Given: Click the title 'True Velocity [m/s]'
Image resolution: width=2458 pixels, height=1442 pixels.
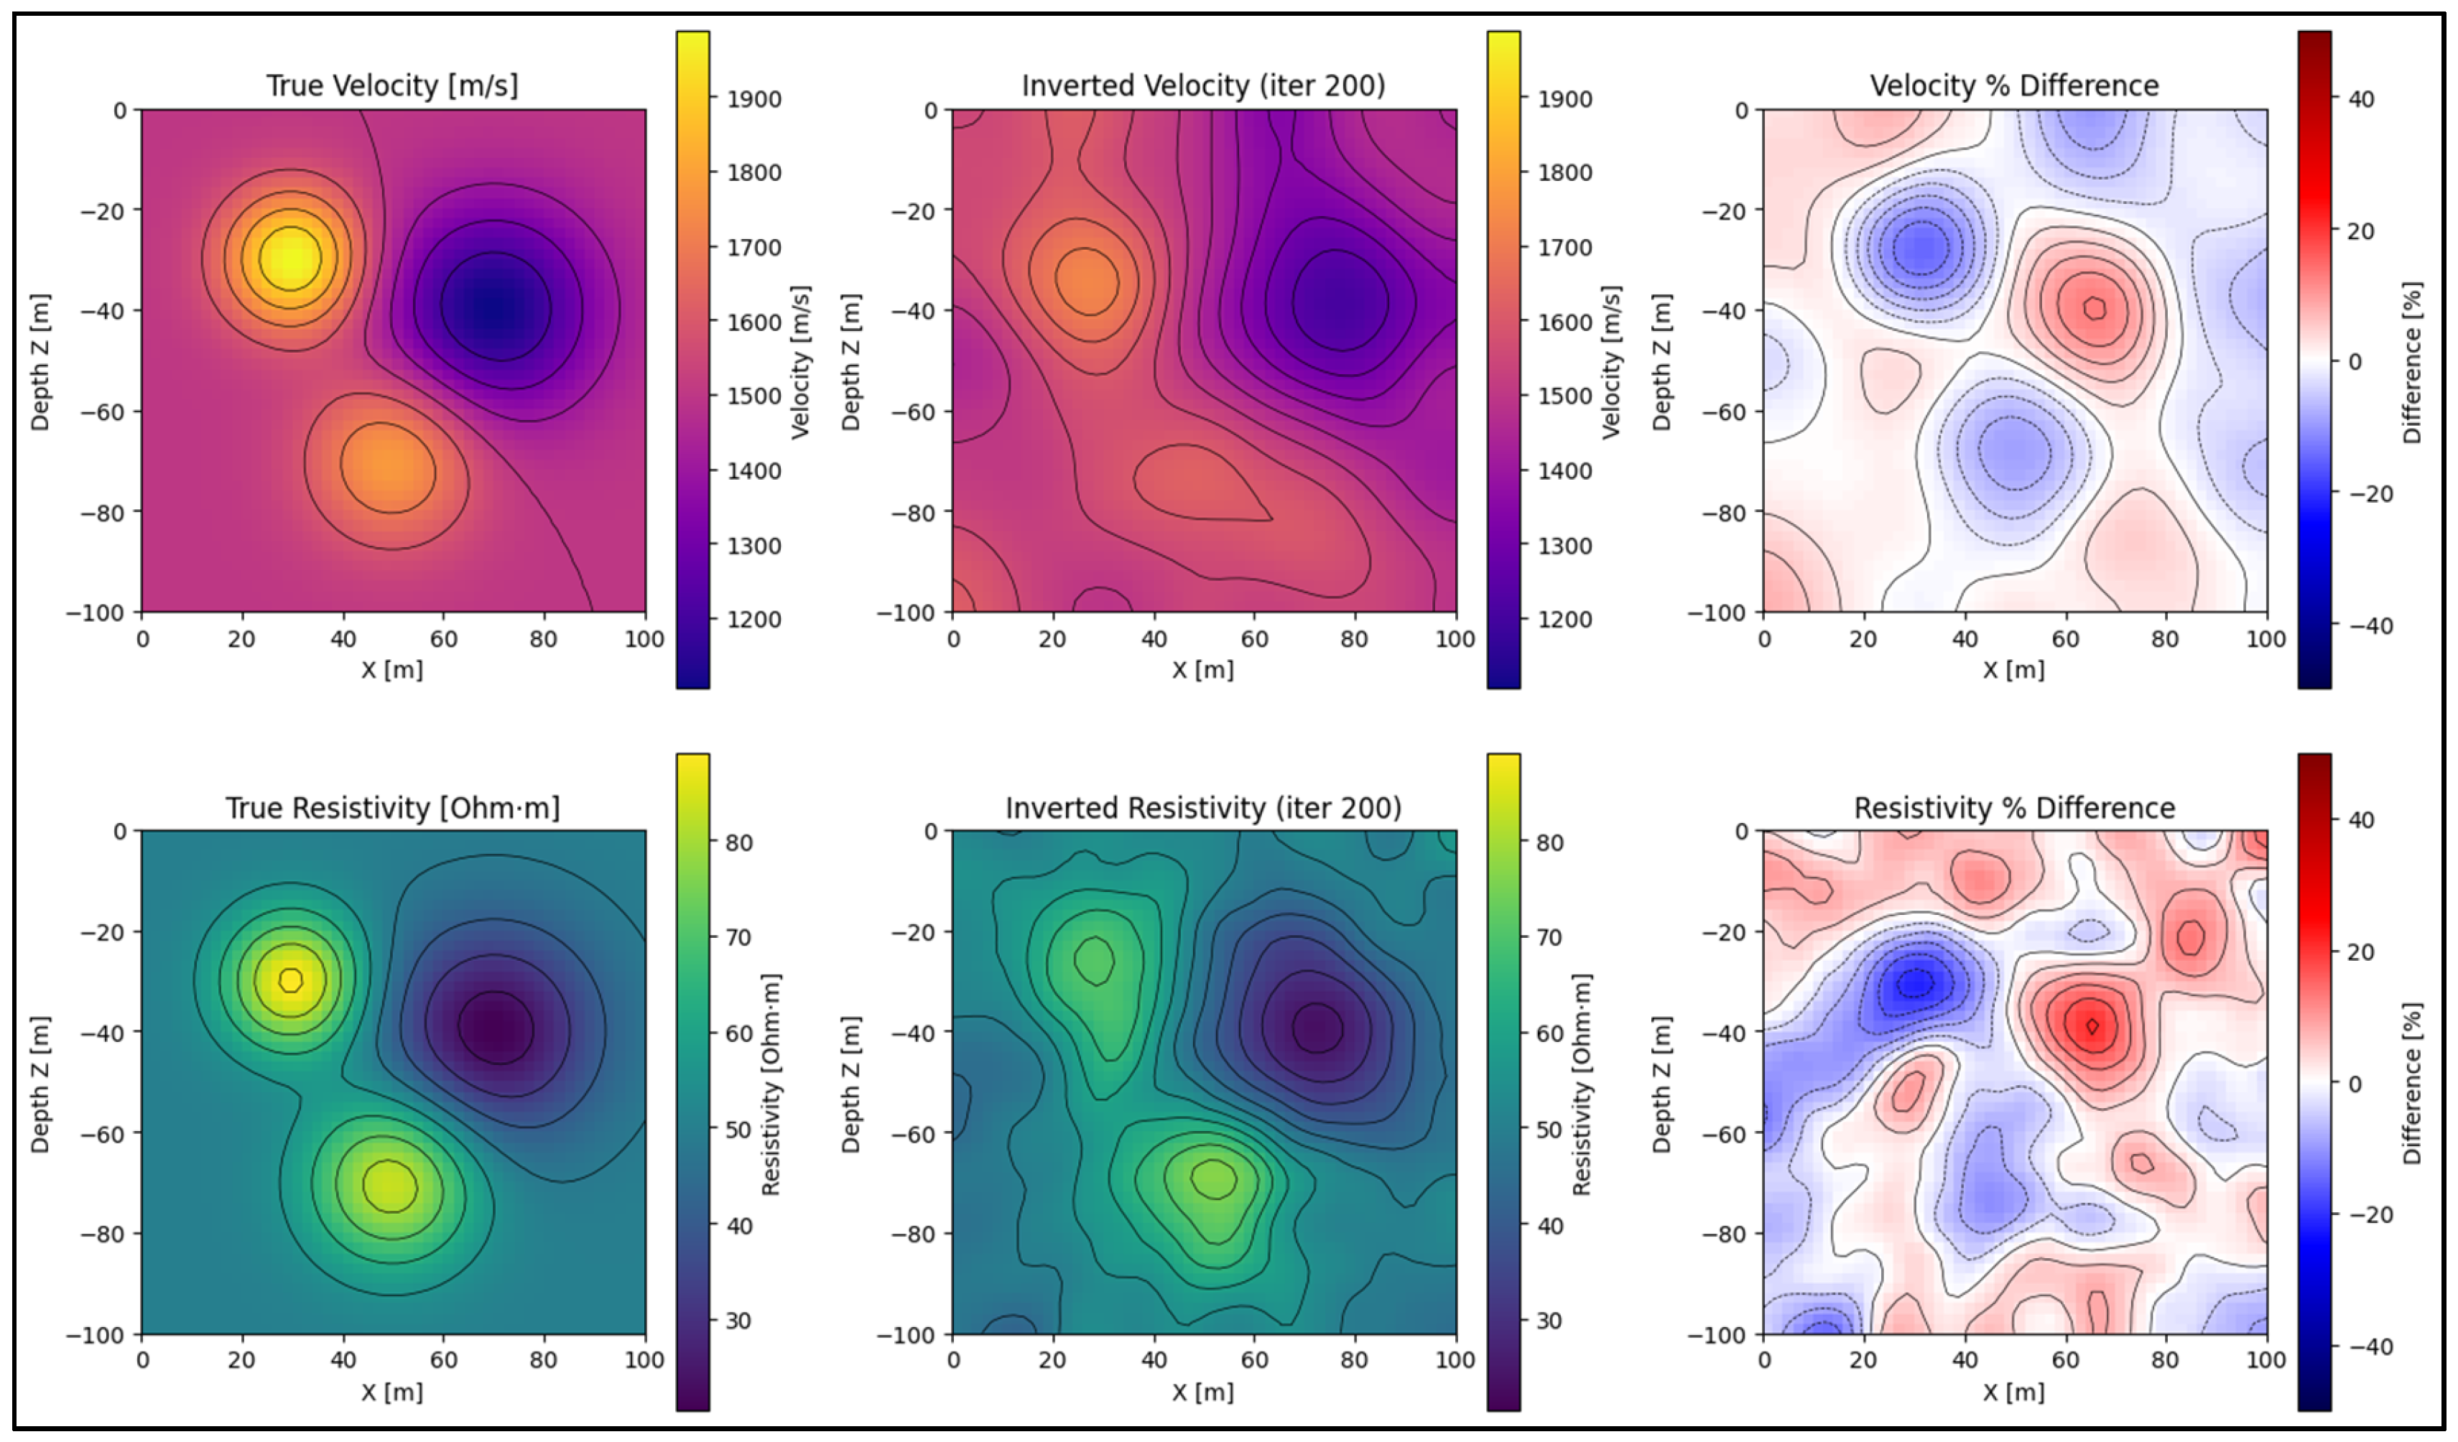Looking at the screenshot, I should pos(392,85).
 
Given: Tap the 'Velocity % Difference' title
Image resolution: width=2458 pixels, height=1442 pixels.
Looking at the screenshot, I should pos(2013,85).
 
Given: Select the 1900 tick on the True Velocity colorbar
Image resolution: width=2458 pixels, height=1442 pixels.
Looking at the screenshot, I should pos(753,98).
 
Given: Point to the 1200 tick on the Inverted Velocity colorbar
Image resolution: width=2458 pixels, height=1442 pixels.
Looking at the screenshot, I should pos(1564,619).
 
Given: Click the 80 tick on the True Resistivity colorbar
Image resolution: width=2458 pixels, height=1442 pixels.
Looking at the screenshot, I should pos(738,842).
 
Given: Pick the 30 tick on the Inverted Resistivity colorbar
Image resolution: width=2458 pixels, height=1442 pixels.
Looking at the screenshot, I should pos(1549,1321).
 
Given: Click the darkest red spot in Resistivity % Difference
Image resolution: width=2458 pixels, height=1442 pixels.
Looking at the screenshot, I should pos(2091,1025).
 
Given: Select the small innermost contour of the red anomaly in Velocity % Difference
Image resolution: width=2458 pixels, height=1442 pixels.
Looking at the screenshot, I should pos(2094,308).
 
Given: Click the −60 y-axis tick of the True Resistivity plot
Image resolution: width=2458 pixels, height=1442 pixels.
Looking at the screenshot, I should pos(101,1133).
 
